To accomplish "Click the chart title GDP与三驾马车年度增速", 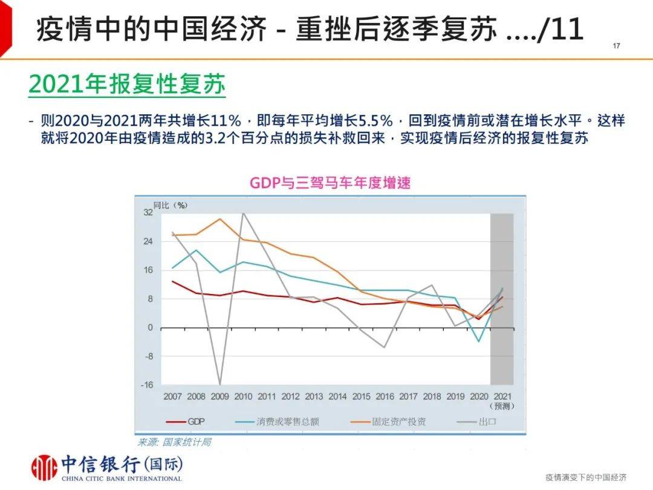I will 330,183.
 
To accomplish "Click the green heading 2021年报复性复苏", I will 127,85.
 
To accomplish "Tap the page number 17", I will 617,47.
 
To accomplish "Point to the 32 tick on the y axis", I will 148,213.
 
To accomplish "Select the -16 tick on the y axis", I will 147,385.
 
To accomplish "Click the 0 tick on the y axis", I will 151,328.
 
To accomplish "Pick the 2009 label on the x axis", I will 219,397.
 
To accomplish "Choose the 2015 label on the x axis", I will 361,397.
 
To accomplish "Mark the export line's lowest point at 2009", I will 219,384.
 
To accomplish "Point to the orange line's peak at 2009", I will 220,219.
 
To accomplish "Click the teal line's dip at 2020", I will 479,342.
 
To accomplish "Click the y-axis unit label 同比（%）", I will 171,204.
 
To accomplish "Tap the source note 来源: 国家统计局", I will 175,442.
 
